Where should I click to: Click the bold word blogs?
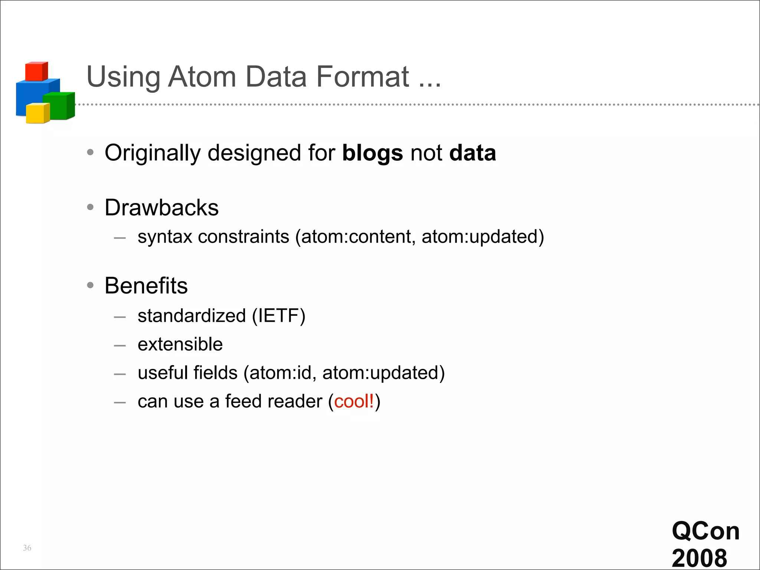tap(372, 153)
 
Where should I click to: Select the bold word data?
tap(472, 153)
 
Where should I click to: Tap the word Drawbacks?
tap(161, 207)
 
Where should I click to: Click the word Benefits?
tap(146, 286)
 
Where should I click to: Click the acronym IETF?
tap(278, 316)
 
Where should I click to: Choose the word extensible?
tap(180, 344)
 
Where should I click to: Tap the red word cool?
tap(354, 402)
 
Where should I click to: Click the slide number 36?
tap(27, 548)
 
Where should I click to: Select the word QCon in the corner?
tap(705, 531)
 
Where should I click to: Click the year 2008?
tap(699, 558)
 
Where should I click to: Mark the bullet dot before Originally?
tap(90, 152)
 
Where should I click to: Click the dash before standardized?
tap(120, 317)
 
